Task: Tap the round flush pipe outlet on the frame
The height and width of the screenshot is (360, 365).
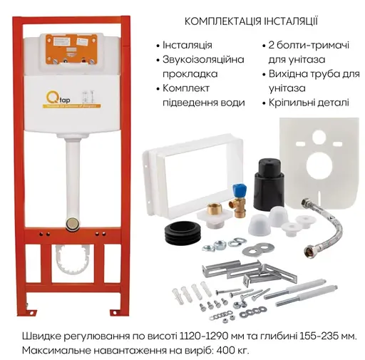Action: [x=72, y=223]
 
